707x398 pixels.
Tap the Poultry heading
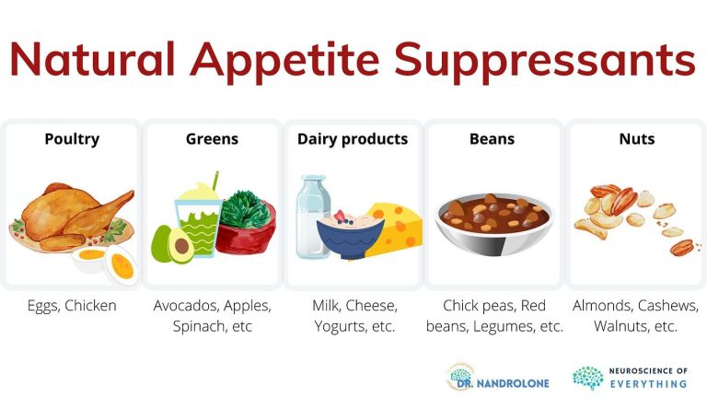click(72, 139)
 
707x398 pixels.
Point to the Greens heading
click(212, 139)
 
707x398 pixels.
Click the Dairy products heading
click(353, 139)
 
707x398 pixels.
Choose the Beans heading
click(492, 139)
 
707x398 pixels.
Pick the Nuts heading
click(637, 139)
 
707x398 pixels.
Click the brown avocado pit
click(181, 246)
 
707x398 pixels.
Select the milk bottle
click(312, 217)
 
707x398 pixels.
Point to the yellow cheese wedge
click(395, 230)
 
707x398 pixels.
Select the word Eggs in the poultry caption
click(43, 306)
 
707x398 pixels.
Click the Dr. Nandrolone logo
click(498, 377)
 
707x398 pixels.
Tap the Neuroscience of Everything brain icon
click(588, 377)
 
